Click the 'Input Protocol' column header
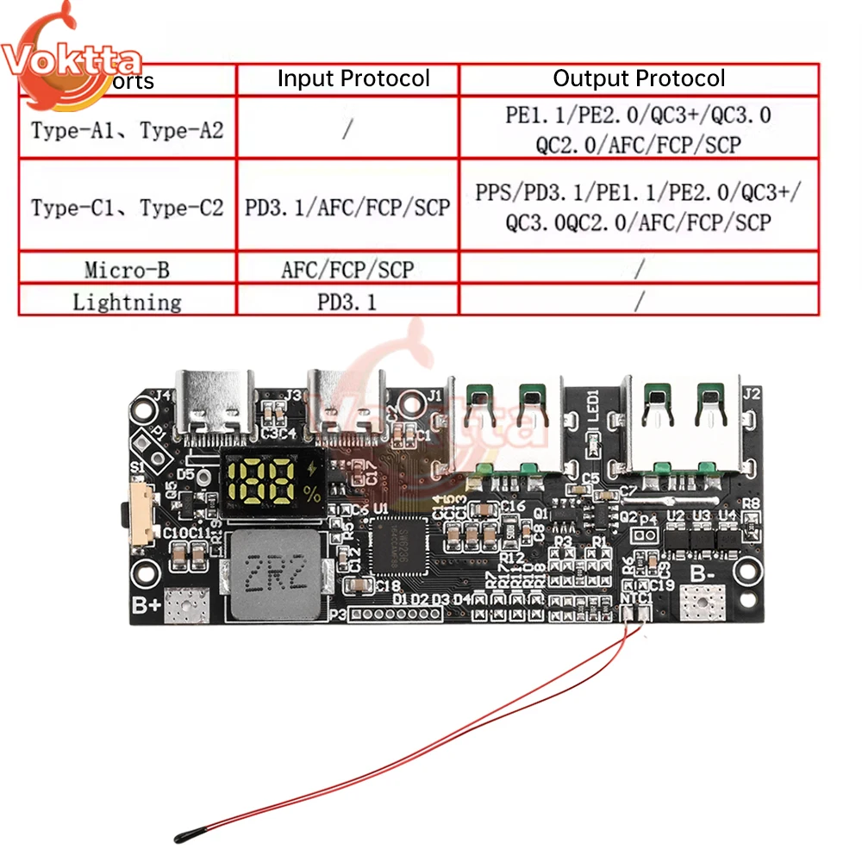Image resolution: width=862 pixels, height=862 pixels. coord(353,79)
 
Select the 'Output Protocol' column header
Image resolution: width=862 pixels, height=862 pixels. coord(639,79)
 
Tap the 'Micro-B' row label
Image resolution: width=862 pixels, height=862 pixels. coord(127,270)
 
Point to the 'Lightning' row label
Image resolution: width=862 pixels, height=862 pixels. coord(127,302)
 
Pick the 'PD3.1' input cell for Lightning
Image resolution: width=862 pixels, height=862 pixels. coord(347,302)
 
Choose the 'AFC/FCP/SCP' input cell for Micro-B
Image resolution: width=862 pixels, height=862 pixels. coord(347,270)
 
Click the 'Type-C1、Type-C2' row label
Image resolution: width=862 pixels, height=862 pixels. coord(127,208)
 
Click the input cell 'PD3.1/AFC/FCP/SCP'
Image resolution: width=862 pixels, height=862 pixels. coord(347,208)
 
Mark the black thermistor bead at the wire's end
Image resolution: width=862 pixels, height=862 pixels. coord(186,835)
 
